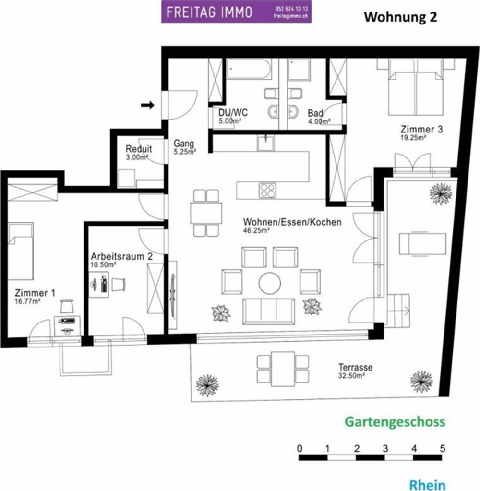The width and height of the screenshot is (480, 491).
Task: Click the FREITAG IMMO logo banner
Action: click(x=236, y=12)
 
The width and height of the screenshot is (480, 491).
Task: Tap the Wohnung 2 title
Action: click(x=400, y=17)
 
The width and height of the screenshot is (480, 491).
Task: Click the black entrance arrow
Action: click(x=147, y=105)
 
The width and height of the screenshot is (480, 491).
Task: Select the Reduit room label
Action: click(x=139, y=149)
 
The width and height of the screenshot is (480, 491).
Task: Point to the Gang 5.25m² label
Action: click(x=185, y=147)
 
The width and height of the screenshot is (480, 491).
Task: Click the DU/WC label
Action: click(x=233, y=112)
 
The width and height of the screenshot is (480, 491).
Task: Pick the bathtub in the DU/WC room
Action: click(x=249, y=69)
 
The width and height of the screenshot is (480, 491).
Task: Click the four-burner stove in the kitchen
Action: click(x=267, y=191)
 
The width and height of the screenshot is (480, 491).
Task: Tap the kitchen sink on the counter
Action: click(x=265, y=143)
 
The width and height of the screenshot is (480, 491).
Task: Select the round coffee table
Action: click(x=270, y=283)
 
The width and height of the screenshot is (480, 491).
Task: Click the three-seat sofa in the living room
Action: click(x=269, y=311)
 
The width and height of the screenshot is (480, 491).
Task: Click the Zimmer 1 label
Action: click(x=35, y=293)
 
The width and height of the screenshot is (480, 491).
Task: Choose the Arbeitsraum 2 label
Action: click(x=122, y=256)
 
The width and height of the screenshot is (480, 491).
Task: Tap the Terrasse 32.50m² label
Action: click(x=355, y=371)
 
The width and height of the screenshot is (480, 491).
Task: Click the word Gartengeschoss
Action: click(x=395, y=422)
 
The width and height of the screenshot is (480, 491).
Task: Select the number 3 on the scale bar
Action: click(x=385, y=448)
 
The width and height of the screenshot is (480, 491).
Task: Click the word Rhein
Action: click(x=427, y=484)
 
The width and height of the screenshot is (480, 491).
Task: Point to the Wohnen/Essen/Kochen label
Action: click(x=292, y=222)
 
